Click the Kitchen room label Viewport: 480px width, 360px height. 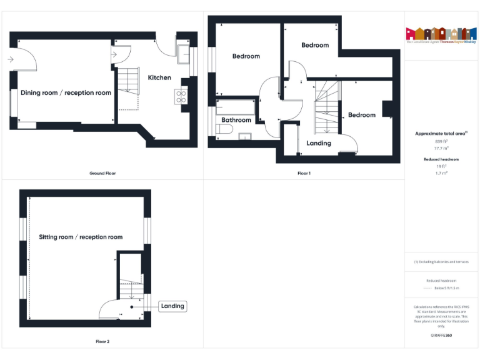click(x=159, y=77)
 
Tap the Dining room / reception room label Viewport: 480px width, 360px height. click(x=66, y=93)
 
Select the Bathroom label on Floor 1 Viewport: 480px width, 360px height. click(x=236, y=120)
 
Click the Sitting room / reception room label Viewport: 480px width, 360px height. click(x=81, y=237)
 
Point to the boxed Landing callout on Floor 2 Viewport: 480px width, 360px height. click(x=172, y=306)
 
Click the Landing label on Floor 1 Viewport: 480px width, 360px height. click(x=319, y=143)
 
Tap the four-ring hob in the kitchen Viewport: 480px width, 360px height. click(x=181, y=96)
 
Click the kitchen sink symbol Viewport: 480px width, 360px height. click(x=183, y=55)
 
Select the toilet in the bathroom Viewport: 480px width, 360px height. click(x=225, y=129)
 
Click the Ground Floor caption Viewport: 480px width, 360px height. click(x=102, y=173)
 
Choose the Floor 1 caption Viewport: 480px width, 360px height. click(x=304, y=173)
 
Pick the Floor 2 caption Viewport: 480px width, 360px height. click(x=102, y=342)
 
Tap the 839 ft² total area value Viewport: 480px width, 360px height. click(x=441, y=141)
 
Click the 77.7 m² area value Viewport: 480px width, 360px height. click(x=441, y=149)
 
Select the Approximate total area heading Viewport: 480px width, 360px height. click(x=441, y=133)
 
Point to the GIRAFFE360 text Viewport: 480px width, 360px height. click(x=441, y=336)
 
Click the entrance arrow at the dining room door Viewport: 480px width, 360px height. click(x=11, y=60)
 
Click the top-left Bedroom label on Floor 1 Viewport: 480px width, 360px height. click(x=246, y=56)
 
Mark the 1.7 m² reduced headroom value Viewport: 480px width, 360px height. click(x=441, y=173)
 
